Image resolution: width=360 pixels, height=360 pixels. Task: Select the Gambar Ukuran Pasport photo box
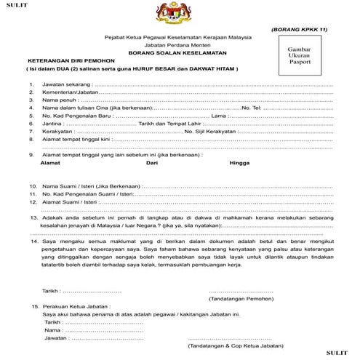click(300, 55)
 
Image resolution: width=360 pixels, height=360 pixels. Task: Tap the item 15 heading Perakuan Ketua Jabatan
click(76, 306)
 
